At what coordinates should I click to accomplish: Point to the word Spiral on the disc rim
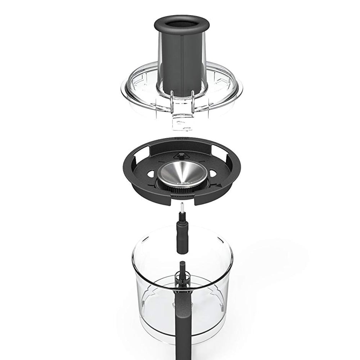pyautogui.click(x=180, y=138)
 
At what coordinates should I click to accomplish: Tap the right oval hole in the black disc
pyautogui.click(x=213, y=173)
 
